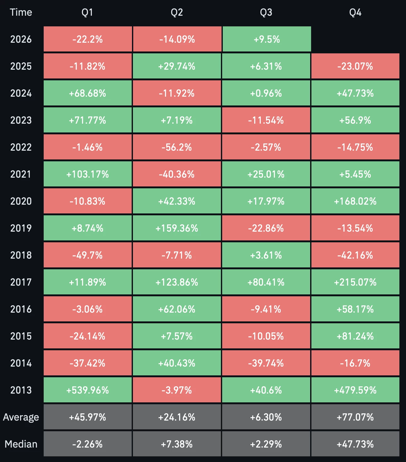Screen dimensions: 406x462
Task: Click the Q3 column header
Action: [266, 12]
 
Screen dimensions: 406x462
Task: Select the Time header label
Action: [21, 12]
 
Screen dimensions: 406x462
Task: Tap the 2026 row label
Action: [21, 39]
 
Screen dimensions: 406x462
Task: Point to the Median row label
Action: [21, 444]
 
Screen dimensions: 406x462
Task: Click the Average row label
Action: [21, 417]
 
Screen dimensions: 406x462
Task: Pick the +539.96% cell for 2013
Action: [88, 390]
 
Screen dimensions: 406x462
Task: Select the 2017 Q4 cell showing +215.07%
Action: [355, 282]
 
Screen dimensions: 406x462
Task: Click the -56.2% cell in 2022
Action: [177, 147]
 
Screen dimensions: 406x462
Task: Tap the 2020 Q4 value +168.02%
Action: [355, 201]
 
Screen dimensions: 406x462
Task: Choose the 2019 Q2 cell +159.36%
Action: [177, 228]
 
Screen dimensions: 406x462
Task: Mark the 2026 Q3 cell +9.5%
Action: [267, 39]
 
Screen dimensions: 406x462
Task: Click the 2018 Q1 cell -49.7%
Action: [88, 255]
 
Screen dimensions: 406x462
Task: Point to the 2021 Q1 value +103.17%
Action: [88, 174]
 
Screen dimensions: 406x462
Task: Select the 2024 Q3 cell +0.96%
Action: [266, 93]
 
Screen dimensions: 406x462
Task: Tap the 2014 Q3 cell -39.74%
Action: [266, 363]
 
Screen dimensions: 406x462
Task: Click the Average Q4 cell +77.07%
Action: [355, 417]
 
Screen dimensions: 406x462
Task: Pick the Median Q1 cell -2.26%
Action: [88, 444]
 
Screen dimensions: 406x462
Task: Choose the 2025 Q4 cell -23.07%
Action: [355, 66]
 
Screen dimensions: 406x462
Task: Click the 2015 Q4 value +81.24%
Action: [355, 336]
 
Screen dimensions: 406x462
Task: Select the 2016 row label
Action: [21, 309]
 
